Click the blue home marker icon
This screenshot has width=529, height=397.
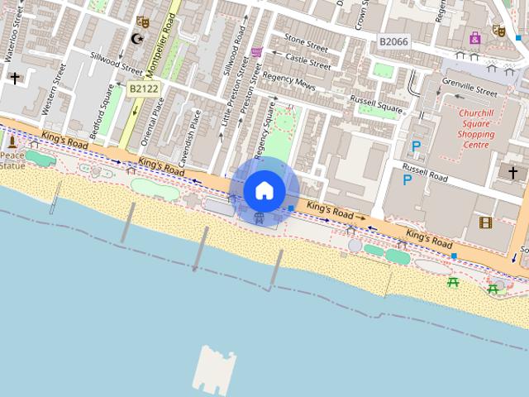coord(264,191)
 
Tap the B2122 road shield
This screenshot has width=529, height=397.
coord(143,87)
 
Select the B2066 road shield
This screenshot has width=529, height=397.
coord(393,41)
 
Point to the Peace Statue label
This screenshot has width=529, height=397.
coord(12,160)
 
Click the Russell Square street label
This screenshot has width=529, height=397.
coord(375,105)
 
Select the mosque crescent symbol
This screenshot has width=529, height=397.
coord(136,39)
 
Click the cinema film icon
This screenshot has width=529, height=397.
coord(485,222)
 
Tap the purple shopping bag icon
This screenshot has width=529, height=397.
coord(475,37)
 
